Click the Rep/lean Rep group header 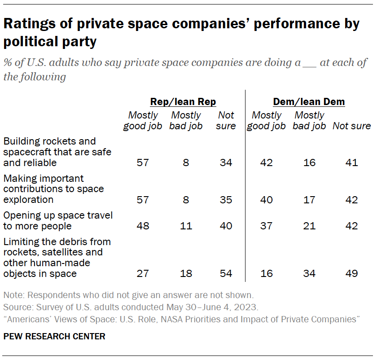click(x=183, y=102)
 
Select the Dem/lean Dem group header click(x=309, y=102)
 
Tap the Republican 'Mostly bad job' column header click(x=185, y=121)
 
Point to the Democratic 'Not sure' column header click(x=351, y=126)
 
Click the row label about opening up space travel click(x=58, y=220)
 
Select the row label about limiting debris click(x=57, y=257)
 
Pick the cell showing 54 click(x=226, y=273)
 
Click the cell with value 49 click(x=351, y=273)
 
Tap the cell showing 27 click(x=143, y=273)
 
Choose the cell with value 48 click(x=143, y=226)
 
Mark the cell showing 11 click(x=185, y=226)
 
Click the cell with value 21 click(x=309, y=226)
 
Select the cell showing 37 click(x=266, y=226)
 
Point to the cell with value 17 click(x=309, y=200)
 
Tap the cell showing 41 click(x=351, y=162)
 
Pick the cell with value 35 click(x=226, y=200)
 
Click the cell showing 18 click(x=185, y=273)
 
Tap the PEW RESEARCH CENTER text click(x=54, y=336)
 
